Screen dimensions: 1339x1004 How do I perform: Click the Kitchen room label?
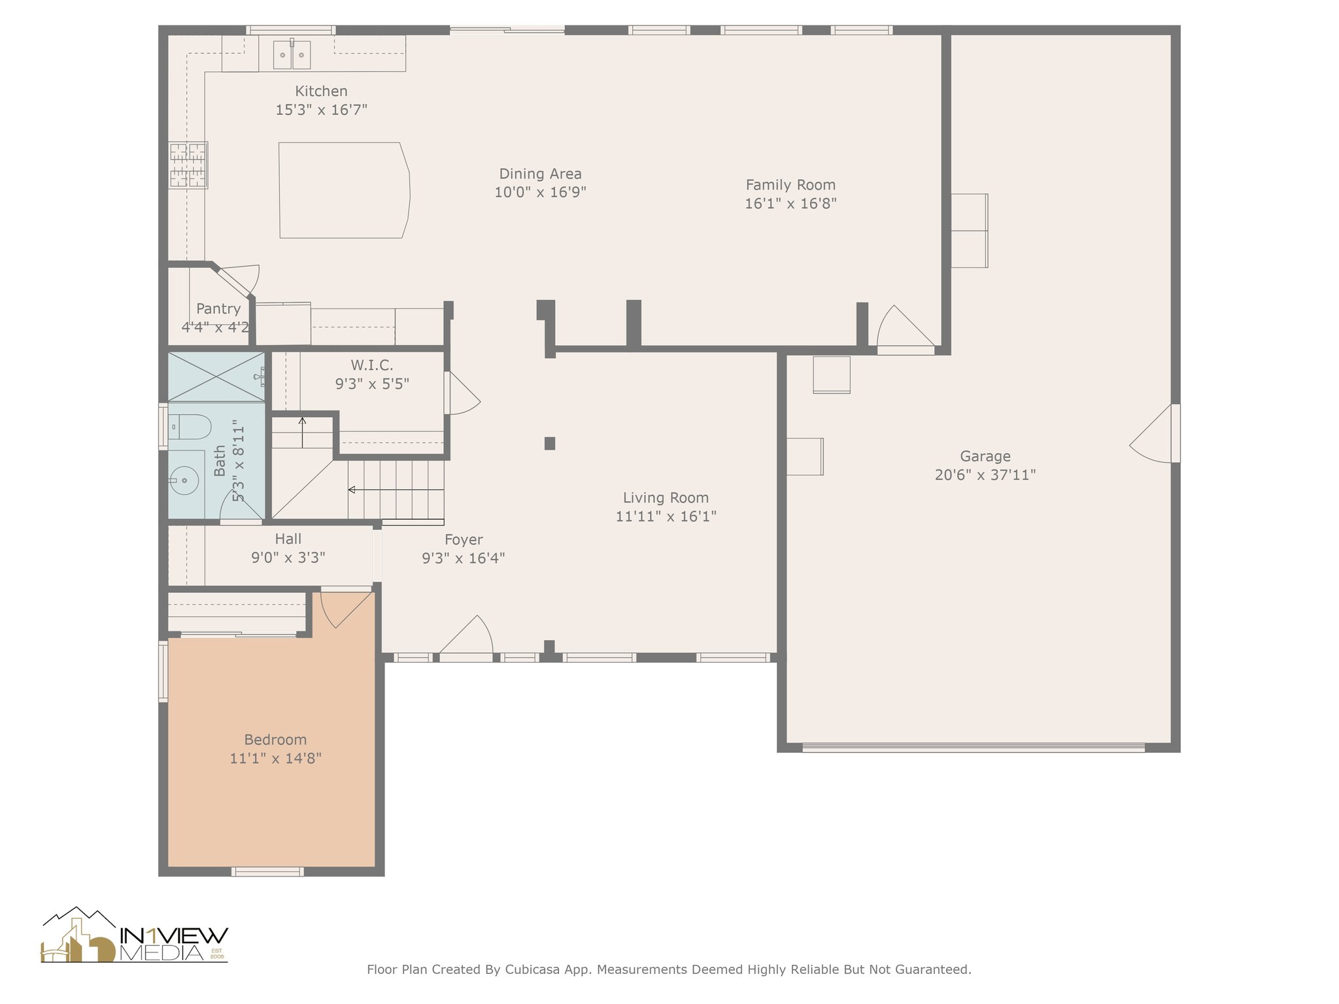(321, 92)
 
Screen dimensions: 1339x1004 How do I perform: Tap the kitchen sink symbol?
(292, 54)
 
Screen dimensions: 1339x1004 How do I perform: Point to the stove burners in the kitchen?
(188, 165)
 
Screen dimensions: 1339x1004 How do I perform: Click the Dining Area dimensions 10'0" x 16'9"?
(540, 192)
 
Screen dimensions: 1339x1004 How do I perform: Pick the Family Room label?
(790, 185)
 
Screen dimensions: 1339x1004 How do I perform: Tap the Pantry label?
(218, 309)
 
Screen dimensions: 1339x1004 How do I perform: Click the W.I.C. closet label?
(372, 365)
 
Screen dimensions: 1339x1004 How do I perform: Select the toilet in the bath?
(189, 427)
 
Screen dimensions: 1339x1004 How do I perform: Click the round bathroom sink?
(184, 482)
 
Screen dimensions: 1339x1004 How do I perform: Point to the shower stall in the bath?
(216, 377)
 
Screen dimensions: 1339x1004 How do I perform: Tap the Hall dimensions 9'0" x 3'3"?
(288, 558)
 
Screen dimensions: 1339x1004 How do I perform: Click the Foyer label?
(464, 540)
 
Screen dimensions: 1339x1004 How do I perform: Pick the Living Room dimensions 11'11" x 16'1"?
(666, 516)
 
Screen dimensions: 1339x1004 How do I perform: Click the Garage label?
(985, 456)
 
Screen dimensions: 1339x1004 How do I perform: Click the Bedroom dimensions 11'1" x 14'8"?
(275, 758)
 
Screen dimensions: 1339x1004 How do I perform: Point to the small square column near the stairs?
(550, 443)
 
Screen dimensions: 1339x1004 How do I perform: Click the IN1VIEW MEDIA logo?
(134, 935)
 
